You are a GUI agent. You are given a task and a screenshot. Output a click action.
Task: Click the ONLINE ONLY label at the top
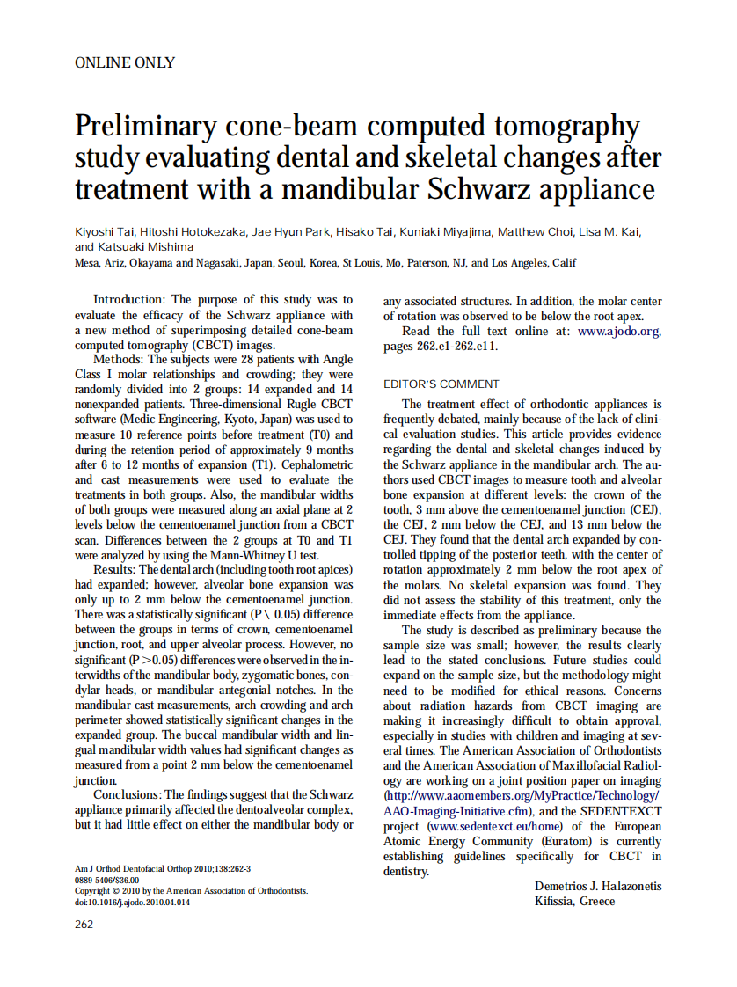(125, 62)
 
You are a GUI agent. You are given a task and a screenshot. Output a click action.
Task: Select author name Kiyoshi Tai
(107, 232)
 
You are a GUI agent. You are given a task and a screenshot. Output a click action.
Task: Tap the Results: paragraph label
(116, 569)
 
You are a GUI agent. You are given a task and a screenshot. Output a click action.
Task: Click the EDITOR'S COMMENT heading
(441, 384)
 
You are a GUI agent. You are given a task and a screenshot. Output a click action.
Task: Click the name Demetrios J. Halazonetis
(598, 886)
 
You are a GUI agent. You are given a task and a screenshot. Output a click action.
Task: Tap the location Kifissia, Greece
(574, 901)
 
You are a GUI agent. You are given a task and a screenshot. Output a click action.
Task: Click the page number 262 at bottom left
(84, 925)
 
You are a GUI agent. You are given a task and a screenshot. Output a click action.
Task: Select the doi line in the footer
(131, 902)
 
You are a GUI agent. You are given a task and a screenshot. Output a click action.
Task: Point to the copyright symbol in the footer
(113, 890)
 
